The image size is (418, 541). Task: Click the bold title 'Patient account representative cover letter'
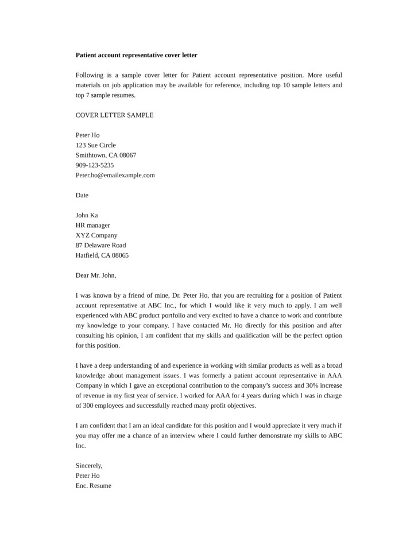click(x=137, y=55)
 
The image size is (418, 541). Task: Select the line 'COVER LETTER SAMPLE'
click(x=114, y=115)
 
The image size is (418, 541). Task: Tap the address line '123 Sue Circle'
click(x=95, y=145)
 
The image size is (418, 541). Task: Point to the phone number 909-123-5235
click(x=95, y=165)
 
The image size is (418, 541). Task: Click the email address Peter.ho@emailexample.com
click(x=115, y=175)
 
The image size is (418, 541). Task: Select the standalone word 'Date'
click(x=82, y=195)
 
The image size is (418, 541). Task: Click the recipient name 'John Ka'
click(x=87, y=215)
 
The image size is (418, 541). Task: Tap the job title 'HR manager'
click(x=92, y=225)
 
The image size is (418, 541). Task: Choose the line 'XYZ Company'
click(x=96, y=235)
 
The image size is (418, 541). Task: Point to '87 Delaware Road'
click(x=100, y=245)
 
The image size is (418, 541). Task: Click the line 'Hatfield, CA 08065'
click(x=102, y=255)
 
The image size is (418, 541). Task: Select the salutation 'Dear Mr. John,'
click(x=96, y=275)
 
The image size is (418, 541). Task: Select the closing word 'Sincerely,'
click(x=89, y=465)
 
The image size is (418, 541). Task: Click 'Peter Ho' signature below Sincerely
click(x=87, y=476)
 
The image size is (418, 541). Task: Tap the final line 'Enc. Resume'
click(x=94, y=485)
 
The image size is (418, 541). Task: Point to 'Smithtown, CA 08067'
click(x=106, y=155)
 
